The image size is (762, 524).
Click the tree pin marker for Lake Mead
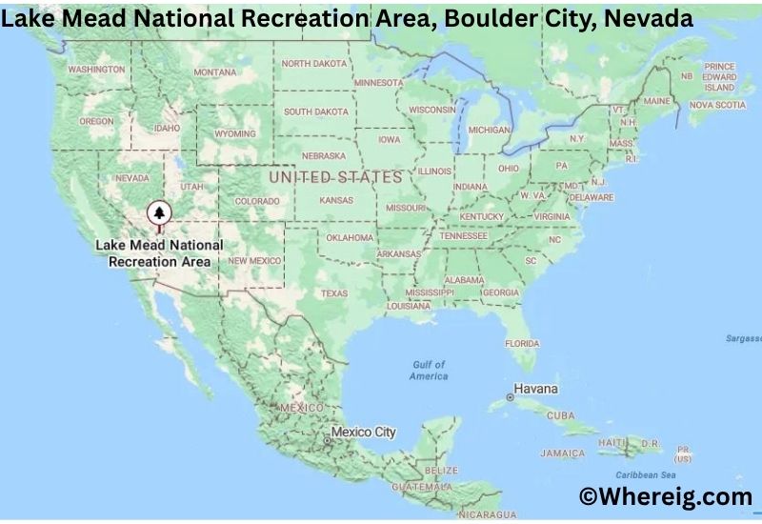click(x=159, y=214)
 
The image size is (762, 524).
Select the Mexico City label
click(x=364, y=433)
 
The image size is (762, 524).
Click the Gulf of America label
click(x=429, y=371)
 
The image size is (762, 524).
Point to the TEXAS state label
click(x=334, y=293)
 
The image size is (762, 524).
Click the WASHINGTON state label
click(x=96, y=70)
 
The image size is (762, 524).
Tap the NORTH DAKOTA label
click(x=315, y=64)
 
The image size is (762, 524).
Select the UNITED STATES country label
click(x=335, y=177)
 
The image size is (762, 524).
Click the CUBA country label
click(x=560, y=416)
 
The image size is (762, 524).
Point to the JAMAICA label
click(x=562, y=453)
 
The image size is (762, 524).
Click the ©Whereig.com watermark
click(x=666, y=496)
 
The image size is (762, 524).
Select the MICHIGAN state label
click(x=490, y=130)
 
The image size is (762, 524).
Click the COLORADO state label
click(x=257, y=202)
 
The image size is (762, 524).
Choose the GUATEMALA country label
click(x=428, y=486)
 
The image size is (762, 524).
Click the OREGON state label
click(x=96, y=122)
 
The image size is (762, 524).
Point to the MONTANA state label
click(x=214, y=73)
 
